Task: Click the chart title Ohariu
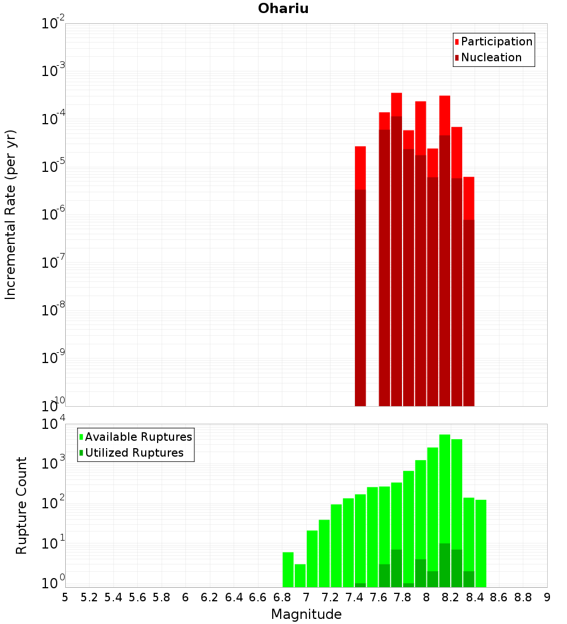click(283, 9)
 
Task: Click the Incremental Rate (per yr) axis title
click(11, 214)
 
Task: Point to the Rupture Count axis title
click(22, 505)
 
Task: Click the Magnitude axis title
click(306, 614)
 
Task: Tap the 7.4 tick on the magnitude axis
click(354, 597)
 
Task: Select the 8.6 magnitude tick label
click(499, 597)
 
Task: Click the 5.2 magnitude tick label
click(89, 597)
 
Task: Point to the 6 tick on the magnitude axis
click(185, 597)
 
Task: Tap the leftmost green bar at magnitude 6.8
click(288, 570)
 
